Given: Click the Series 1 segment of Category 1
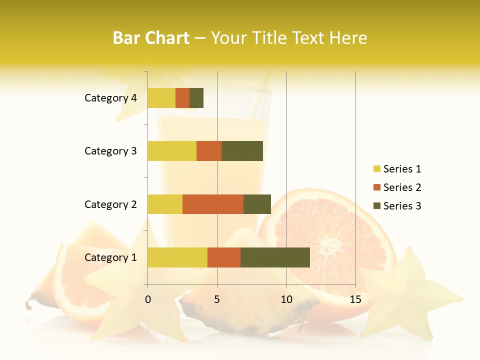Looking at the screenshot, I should pos(177,257).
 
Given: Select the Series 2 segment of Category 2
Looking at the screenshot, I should pos(213,204).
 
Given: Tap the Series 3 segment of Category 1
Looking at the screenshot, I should pos(275,257).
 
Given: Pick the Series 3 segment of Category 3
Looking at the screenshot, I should pos(242,151).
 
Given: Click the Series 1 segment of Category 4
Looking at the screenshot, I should pos(161,98).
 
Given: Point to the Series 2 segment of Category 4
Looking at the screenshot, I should pos(182,98).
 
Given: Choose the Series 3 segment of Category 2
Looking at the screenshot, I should pos(257,204).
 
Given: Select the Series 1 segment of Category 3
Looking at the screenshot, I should pos(172,151).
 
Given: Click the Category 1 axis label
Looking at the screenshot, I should pos(110,257).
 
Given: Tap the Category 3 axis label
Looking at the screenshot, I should pos(110,151).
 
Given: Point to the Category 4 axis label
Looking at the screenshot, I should pos(110,98).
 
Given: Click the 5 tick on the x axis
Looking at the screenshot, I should pos(217,299).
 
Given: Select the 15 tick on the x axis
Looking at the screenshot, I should pos(355,299).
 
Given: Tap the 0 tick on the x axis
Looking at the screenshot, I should pos(148,299).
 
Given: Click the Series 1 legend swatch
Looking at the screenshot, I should pos(377,169).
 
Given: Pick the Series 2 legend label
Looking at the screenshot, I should pos(402,187).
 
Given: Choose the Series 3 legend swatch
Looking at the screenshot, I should pos(377,206).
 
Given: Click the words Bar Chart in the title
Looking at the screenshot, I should pos(151,38).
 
